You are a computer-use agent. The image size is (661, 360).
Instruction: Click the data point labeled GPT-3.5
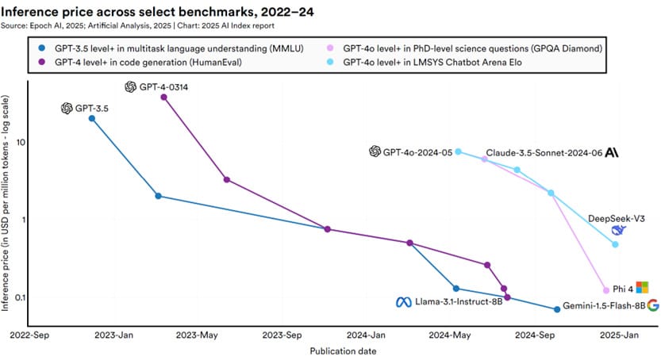pos(92,118)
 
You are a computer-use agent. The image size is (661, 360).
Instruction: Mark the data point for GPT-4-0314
pos(163,97)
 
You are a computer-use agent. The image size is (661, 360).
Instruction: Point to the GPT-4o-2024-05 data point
pos(459,151)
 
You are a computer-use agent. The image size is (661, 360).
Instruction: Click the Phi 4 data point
pos(606,290)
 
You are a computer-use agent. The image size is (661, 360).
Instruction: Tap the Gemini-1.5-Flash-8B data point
pos(557,309)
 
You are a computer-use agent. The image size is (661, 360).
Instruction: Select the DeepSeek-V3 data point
pos(616,244)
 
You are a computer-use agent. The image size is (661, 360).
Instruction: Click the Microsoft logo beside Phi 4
pos(643,287)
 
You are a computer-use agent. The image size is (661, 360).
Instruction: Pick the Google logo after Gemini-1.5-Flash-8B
pos(653,305)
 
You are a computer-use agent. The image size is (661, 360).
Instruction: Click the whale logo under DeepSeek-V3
pos(619,230)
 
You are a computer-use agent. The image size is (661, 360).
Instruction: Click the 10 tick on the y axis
pos(21,142)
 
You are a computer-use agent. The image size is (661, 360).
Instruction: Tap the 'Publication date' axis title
pos(343,350)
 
